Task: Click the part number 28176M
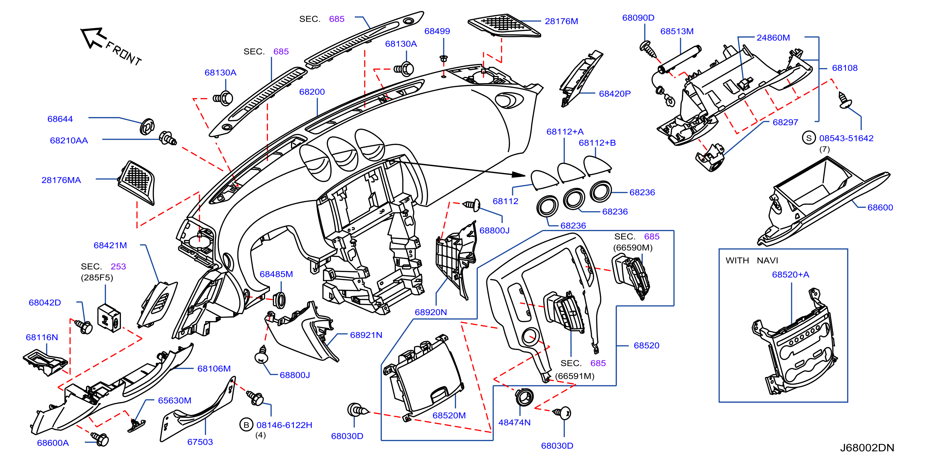click(x=561, y=21)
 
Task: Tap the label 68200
click(x=312, y=92)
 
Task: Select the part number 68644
click(x=60, y=119)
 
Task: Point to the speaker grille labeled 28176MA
click(x=137, y=183)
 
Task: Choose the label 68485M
click(x=276, y=274)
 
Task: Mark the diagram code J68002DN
click(x=867, y=448)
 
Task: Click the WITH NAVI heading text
click(x=752, y=261)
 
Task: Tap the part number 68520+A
click(x=790, y=275)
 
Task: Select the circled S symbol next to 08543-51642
click(x=809, y=138)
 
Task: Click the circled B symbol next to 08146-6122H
click(x=246, y=425)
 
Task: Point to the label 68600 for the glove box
click(x=880, y=208)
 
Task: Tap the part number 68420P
click(x=614, y=94)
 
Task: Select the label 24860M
click(x=773, y=38)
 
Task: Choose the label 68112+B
click(x=597, y=143)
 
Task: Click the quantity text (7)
click(x=824, y=149)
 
